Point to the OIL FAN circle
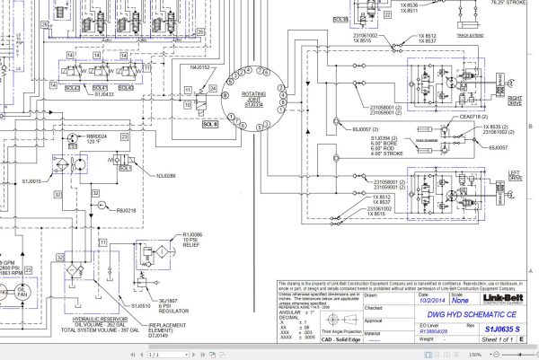point(8,297)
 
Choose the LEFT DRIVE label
point(515,178)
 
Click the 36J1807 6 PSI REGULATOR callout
point(172,303)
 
